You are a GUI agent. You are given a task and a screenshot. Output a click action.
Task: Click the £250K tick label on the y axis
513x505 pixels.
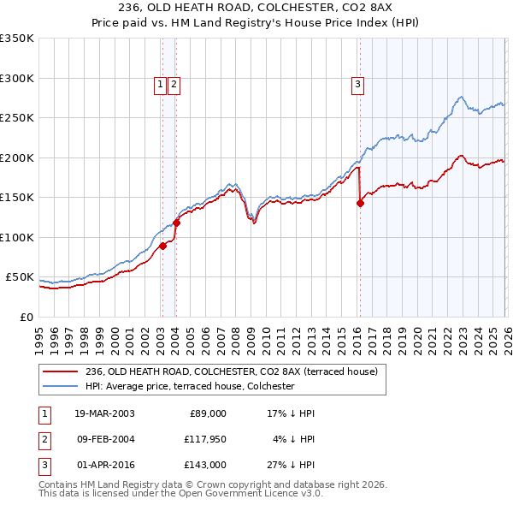17,118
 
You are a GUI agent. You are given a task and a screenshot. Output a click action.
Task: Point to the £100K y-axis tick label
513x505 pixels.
17,237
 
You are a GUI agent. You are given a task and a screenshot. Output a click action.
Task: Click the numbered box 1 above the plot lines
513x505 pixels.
161,84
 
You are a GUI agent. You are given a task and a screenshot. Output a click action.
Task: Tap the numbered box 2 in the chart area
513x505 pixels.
174,84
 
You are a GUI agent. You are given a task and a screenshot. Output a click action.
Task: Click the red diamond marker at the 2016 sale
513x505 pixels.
360,203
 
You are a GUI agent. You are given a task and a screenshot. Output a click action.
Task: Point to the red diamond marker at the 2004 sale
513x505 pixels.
176,223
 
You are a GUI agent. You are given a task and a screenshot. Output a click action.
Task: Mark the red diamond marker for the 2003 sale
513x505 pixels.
162,247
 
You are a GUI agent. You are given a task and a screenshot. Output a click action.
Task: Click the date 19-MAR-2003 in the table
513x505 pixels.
104,413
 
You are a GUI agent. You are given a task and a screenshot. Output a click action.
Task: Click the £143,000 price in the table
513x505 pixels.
204,466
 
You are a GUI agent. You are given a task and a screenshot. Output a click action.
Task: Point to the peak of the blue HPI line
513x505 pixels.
460,97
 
